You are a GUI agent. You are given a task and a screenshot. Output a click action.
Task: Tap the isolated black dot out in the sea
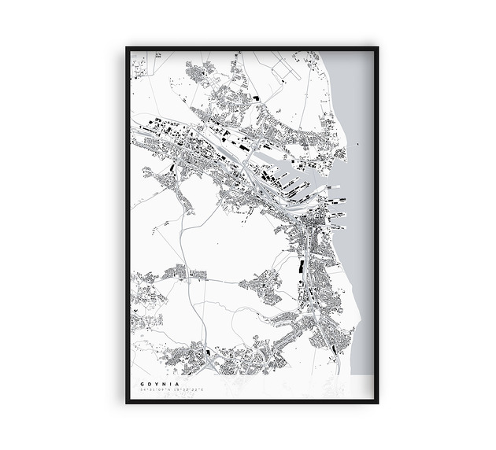pyautogui.click(x=357, y=144)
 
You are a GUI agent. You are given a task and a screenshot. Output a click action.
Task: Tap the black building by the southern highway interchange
pyautogui.click(x=207, y=352)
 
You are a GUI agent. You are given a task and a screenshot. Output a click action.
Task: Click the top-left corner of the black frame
pyautogui.click(x=126, y=48)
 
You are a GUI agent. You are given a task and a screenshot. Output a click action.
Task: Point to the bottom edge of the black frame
pyautogui.click(x=251, y=402)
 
